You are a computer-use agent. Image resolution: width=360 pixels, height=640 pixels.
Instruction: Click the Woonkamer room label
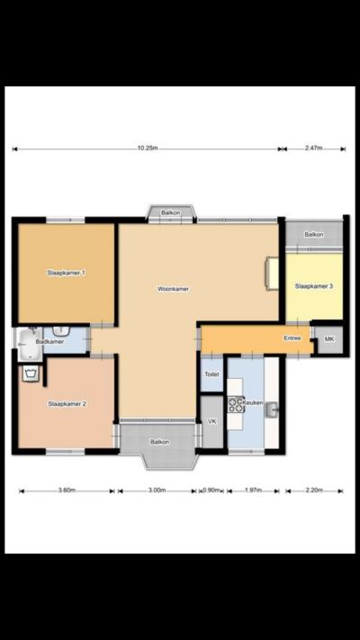pyautogui.click(x=173, y=289)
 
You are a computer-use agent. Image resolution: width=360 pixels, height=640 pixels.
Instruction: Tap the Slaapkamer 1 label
pyautogui.click(x=66, y=272)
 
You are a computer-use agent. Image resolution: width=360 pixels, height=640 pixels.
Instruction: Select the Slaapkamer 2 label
pyautogui.click(x=67, y=403)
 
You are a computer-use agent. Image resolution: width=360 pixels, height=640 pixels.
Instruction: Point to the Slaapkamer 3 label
pyautogui.click(x=313, y=286)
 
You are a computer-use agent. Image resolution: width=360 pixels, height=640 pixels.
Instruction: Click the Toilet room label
pyautogui.click(x=211, y=374)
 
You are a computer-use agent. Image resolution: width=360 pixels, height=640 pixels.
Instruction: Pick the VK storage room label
pyautogui.click(x=211, y=421)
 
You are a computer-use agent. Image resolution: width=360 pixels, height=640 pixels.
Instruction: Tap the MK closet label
pyautogui.click(x=329, y=338)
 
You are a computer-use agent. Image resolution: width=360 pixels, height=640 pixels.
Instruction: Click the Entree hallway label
pyautogui.click(x=292, y=338)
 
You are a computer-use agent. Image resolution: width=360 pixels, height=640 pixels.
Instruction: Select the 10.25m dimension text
pyautogui.click(x=148, y=149)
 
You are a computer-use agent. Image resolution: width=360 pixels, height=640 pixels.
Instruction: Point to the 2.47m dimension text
pyautogui.click(x=313, y=149)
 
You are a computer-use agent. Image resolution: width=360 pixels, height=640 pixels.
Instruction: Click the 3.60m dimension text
pyautogui.click(x=67, y=491)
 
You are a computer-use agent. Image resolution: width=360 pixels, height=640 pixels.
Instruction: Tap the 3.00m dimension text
pyautogui.click(x=157, y=491)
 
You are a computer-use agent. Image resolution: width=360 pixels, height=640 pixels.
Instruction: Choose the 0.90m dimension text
pyautogui.click(x=211, y=491)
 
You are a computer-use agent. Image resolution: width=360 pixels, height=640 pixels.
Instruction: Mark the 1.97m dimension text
pyautogui.click(x=253, y=491)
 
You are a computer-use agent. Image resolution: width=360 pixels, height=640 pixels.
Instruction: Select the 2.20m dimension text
pyautogui.click(x=314, y=491)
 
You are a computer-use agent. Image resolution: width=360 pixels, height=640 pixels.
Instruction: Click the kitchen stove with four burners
pyautogui.click(x=236, y=404)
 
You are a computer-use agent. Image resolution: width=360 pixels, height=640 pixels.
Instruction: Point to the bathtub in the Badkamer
pyautogui.click(x=30, y=345)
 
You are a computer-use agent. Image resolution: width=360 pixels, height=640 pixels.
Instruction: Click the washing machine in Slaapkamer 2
pyautogui.click(x=31, y=374)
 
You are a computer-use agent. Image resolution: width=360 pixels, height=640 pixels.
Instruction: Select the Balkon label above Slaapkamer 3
pyautogui.click(x=314, y=234)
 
